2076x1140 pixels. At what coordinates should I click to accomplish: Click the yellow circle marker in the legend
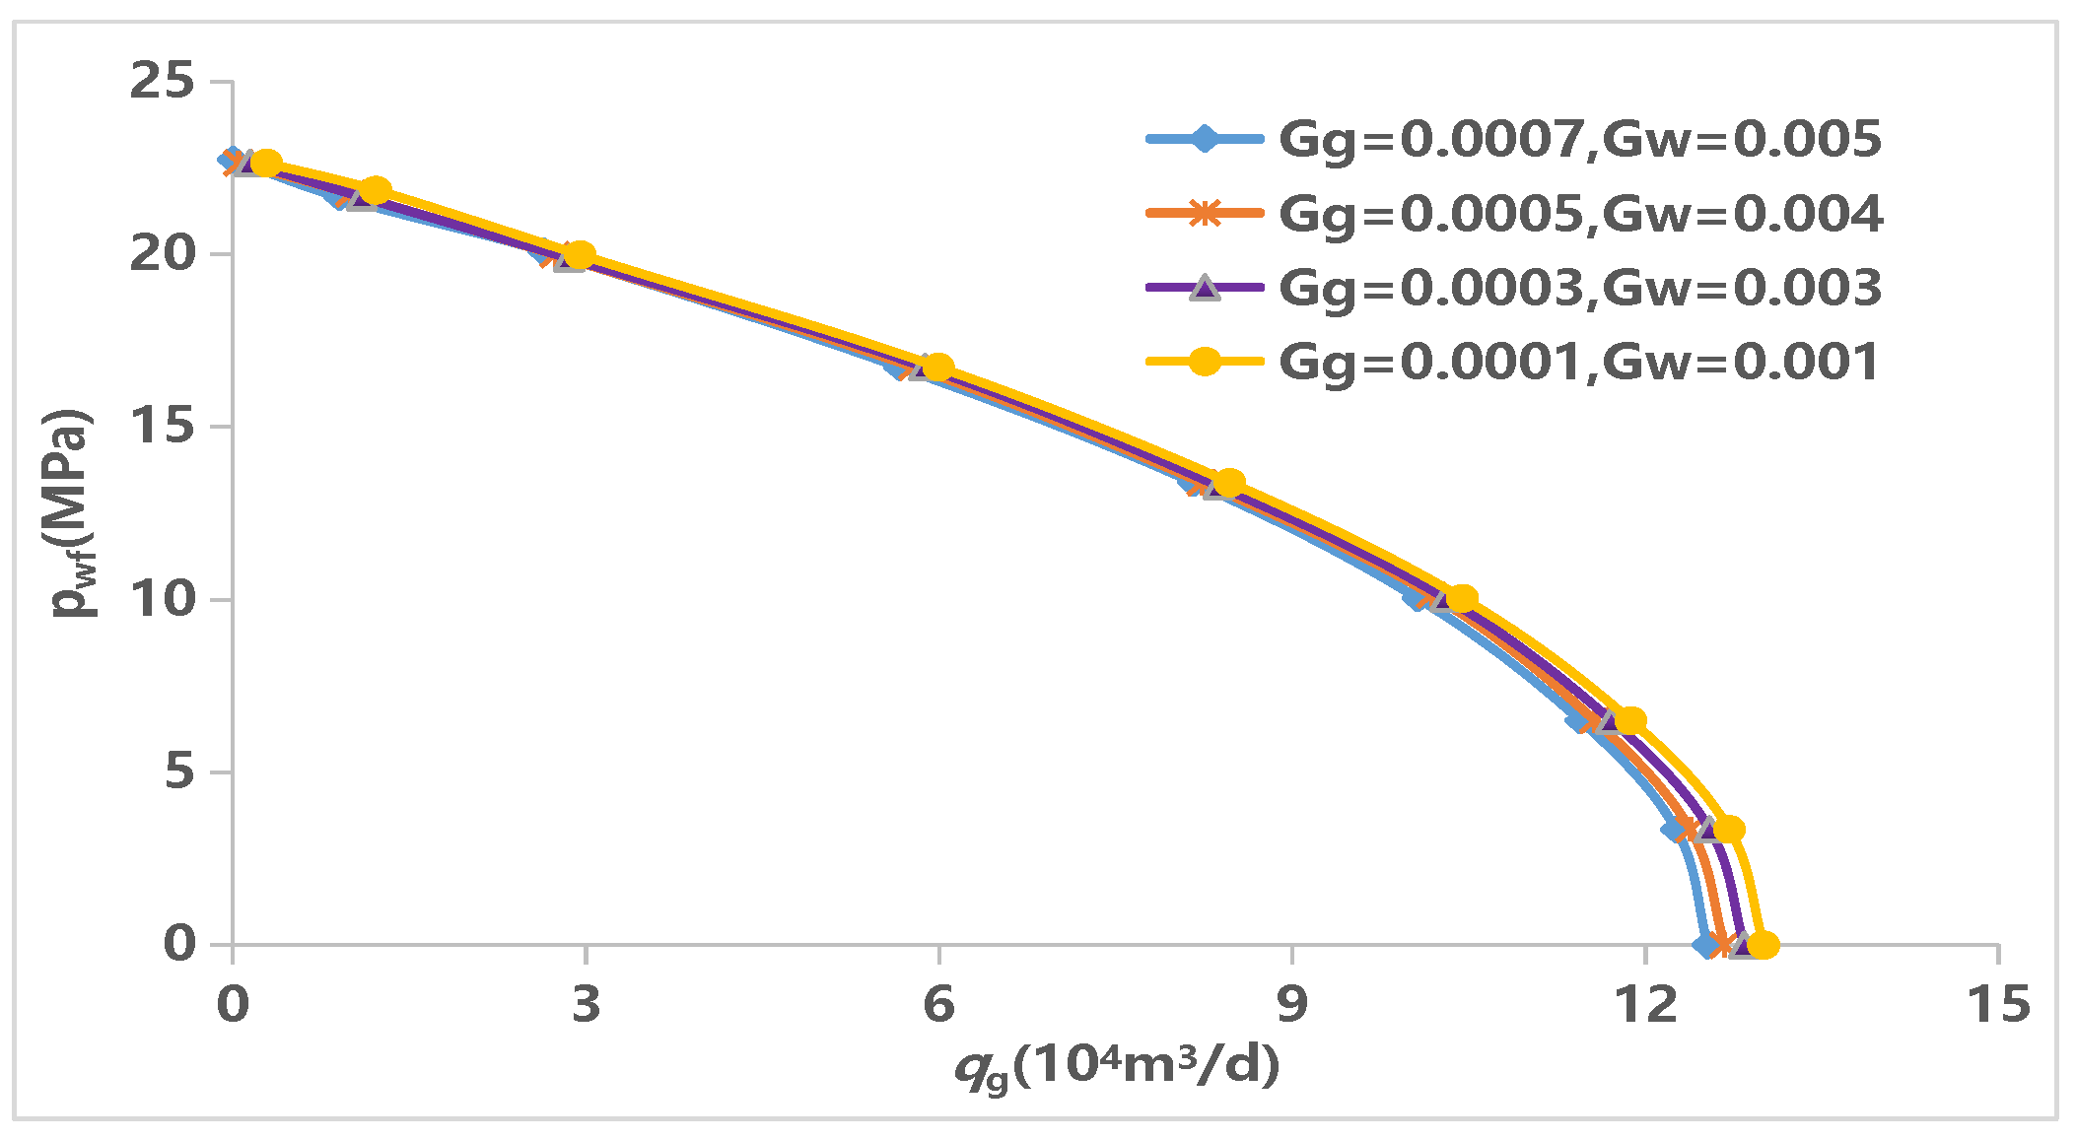coord(1204,362)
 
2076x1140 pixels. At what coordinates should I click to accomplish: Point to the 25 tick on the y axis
coord(163,81)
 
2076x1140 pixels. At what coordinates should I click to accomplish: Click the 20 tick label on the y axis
coord(163,254)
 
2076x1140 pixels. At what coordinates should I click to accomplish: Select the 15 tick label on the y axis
coord(163,427)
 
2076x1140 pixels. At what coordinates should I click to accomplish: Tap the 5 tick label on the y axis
coord(179,771)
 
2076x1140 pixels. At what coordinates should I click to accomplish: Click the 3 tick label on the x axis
coord(586,1005)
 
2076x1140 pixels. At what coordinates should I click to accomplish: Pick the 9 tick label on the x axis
coord(1291,1005)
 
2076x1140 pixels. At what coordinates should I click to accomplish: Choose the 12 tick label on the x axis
coord(1644,1005)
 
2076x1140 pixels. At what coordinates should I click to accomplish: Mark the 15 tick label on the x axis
coord(1998,1005)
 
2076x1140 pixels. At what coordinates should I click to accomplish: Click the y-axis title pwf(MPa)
coord(74,512)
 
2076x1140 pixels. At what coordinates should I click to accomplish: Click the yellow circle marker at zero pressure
coord(1763,945)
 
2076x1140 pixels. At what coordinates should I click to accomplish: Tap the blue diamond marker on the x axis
coord(1706,945)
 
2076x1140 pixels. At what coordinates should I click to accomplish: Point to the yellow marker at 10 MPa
coord(1462,598)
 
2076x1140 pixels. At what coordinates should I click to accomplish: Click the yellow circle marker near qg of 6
coord(938,367)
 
